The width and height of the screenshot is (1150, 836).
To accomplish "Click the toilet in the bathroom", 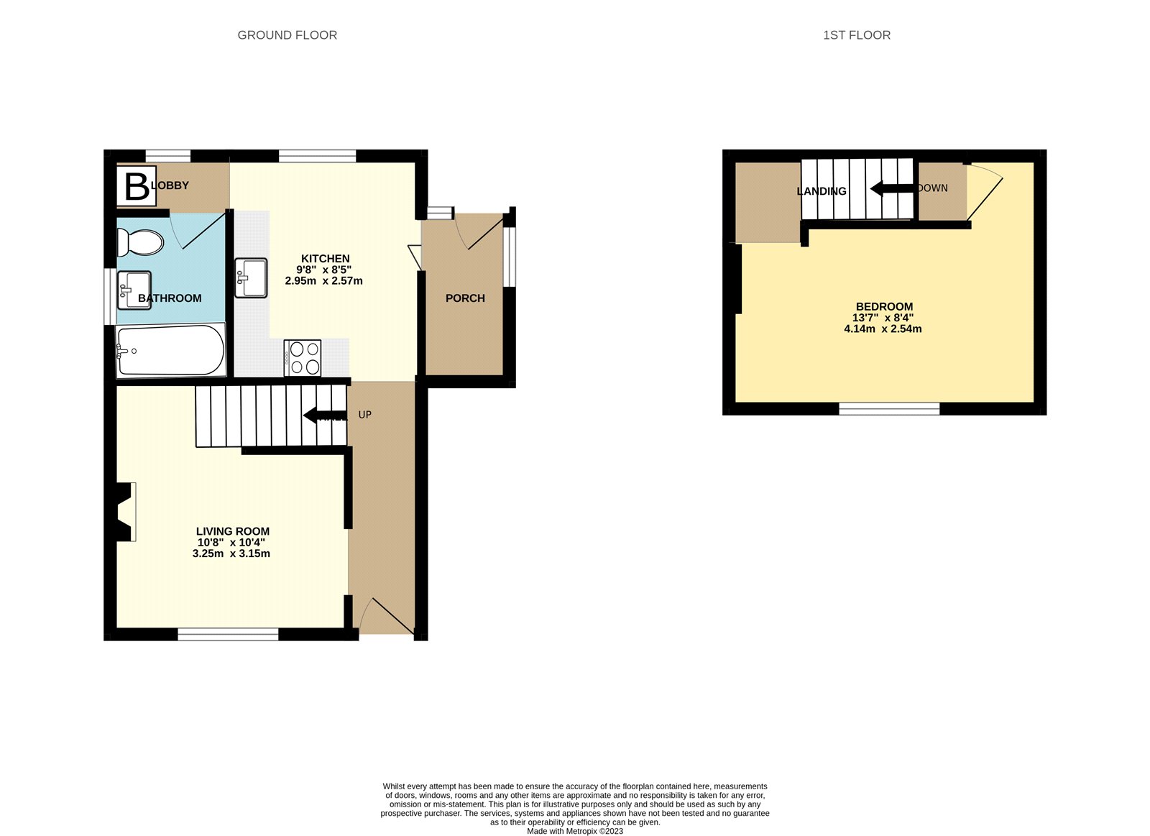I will pos(140,243).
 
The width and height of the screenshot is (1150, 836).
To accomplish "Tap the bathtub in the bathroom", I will pos(171,350).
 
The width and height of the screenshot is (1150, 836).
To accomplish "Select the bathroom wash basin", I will pos(134,290).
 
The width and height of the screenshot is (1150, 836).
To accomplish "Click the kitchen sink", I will pos(251,277).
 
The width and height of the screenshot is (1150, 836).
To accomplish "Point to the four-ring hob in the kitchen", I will pos(303,357).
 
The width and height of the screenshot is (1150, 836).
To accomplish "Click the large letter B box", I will pos(137,186).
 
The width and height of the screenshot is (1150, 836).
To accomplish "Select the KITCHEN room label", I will pos(325,259).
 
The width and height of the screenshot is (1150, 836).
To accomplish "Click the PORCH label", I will pos(465,298).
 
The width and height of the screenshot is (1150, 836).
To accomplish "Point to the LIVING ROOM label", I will pos(233,531).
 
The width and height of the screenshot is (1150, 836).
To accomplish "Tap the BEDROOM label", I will pos(884,306).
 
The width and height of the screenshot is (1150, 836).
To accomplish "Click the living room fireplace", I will pos(125,512).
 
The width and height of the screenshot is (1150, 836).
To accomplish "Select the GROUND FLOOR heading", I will pos(287,35).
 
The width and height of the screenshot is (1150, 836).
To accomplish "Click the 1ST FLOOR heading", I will pos(856,35).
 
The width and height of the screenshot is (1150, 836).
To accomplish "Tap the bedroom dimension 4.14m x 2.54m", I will pos(883,329).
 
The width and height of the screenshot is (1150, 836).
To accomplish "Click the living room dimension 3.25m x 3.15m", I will pos(231,553).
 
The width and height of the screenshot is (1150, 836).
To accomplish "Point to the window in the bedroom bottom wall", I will pos(889,408).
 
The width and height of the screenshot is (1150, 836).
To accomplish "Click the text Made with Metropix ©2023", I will pos(575,831).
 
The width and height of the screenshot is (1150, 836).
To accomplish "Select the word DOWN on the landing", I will pos(933,188).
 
